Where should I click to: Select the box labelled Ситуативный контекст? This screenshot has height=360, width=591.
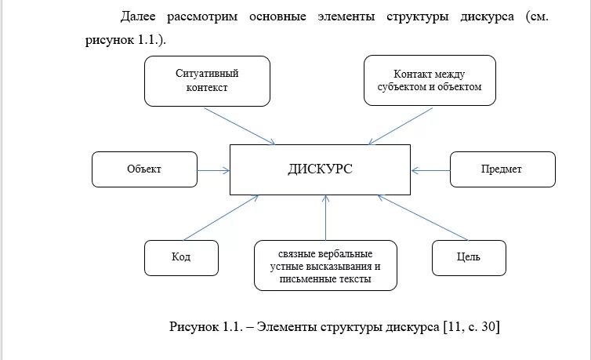click(x=207, y=81)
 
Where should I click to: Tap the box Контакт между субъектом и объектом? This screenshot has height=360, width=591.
click(x=430, y=81)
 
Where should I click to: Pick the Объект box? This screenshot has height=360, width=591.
click(x=144, y=169)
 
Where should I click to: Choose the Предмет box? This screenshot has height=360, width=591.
click(x=502, y=169)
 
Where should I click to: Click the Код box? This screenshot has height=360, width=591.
click(x=181, y=257)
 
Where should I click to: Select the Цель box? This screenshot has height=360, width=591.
click(x=470, y=257)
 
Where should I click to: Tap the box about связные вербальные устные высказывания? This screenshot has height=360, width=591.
click(x=325, y=266)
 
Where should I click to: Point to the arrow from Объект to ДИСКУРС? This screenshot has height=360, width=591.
click(x=212, y=169)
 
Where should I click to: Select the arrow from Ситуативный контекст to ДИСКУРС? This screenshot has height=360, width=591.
click(x=238, y=125)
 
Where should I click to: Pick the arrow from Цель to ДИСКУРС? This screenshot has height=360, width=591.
click(x=426, y=217)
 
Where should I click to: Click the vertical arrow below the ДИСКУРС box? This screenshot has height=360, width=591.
click(x=325, y=219)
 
